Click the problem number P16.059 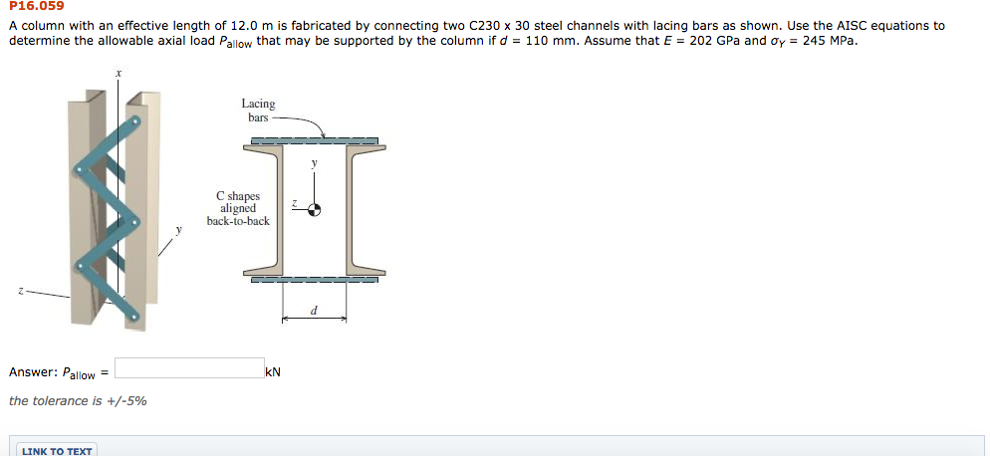(37, 7)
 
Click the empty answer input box (188, 369)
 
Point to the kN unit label (274, 372)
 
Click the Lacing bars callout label (258, 111)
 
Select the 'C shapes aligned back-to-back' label (238, 208)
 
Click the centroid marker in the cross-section (314, 209)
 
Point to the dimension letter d (314, 310)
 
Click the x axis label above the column (119, 73)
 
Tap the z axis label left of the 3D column (18, 292)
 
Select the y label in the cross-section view (314, 161)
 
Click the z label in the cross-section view (294, 202)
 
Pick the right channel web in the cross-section (350, 209)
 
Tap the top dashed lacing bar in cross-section (314, 141)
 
